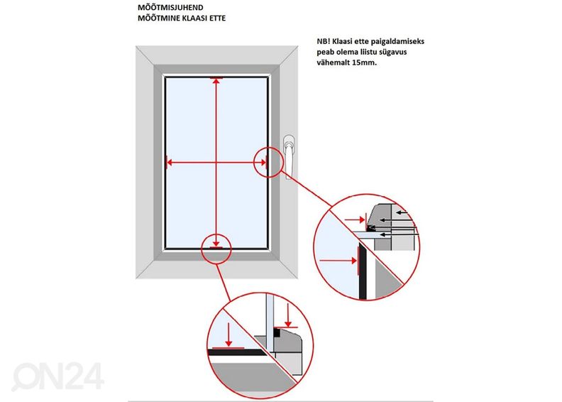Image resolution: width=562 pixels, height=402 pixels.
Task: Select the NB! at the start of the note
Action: pyautogui.click(x=327, y=41)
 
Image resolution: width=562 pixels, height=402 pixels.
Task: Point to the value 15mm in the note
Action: pyautogui.click(x=363, y=63)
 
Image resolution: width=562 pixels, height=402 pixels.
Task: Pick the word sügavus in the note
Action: pyautogui.click(x=411, y=52)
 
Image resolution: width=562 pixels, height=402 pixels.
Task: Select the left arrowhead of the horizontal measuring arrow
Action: pyautogui.click(x=170, y=163)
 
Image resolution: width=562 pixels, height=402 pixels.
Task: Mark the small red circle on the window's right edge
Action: pyautogui.click(x=263, y=162)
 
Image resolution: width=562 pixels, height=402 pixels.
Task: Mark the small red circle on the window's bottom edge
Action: pyautogui.click(x=216, y=246)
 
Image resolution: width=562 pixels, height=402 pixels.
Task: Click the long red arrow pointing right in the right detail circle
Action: pyautogui.click(x=338, y=261)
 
